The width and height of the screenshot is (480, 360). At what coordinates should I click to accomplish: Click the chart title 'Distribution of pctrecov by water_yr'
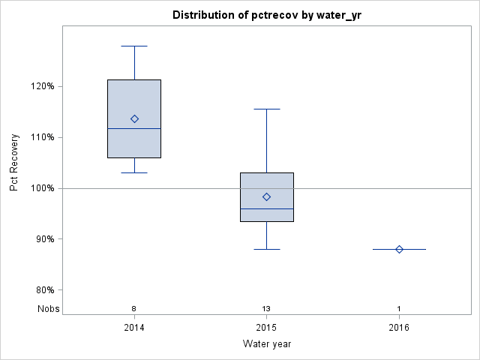click(266, 15)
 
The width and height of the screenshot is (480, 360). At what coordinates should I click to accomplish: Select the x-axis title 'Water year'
click(266, 344)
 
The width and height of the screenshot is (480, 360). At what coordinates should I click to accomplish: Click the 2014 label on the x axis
click(134, 328)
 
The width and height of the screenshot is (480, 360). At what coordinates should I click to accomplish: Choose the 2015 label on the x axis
click(266, 328)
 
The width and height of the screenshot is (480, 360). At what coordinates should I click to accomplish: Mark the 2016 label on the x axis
click(399, 328)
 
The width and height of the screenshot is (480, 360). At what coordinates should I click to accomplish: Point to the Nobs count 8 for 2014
click(134, 309)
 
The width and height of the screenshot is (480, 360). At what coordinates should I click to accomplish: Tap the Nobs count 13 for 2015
click(266, 309)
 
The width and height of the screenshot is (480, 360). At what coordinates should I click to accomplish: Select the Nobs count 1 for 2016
click(399, 309)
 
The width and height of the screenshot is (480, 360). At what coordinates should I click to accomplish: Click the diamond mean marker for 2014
click(134, 118)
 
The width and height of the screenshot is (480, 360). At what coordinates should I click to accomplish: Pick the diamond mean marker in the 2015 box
click(266, 196)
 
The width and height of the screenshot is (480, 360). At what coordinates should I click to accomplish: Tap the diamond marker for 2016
click(399, 249)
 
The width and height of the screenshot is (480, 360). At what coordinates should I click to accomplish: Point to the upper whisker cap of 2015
click(266, 109)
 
